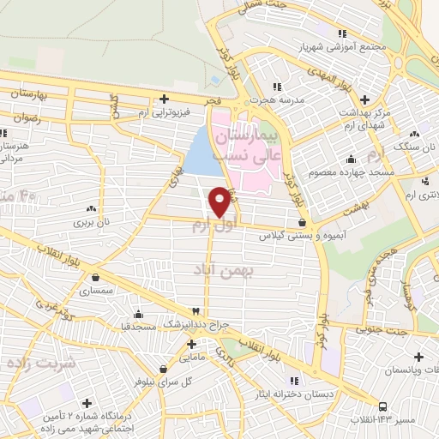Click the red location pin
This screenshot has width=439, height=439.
[x=220, y=201]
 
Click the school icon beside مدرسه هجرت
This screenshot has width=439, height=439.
[x=276, y=87]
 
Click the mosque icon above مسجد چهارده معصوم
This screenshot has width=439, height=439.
[x=350, y=159]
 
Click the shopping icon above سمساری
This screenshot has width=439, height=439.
[x=94, y=277]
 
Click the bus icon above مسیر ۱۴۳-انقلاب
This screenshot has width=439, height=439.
[x=382, y=407]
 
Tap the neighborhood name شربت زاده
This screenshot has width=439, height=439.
[x=41, y=363]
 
